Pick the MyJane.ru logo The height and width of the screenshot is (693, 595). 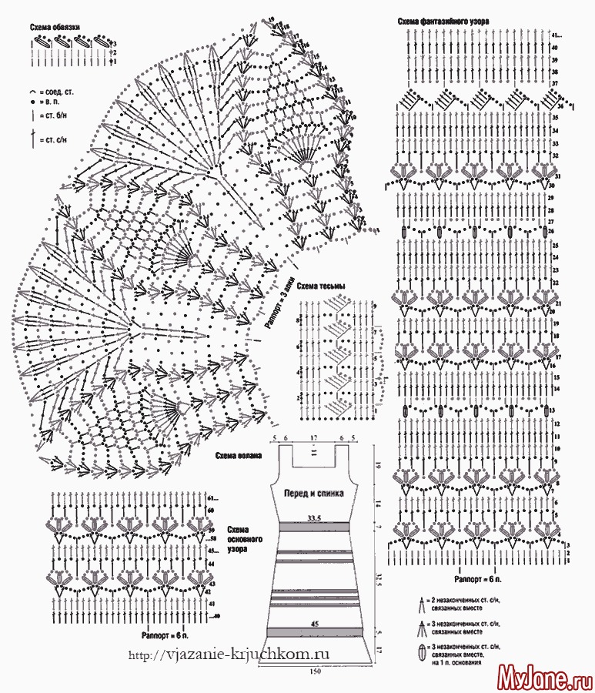point(543,678)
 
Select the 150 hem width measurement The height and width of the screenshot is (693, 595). point(315,672)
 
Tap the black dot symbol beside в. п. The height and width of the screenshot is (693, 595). point(32,102)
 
